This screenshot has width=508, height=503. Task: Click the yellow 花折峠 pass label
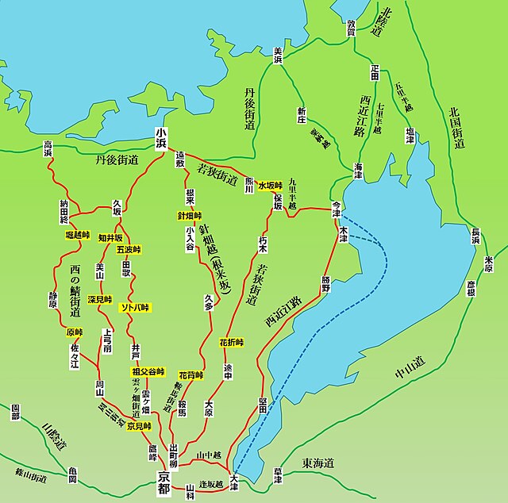click(x=231, y=342)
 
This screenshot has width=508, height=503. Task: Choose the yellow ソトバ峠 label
click(x=134, y=307)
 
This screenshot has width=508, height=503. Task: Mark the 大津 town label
click(x=233, y=480)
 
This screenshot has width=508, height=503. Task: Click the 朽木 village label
click(x=263, y=238)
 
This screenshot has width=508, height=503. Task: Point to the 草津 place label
click(x=279, y=481)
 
